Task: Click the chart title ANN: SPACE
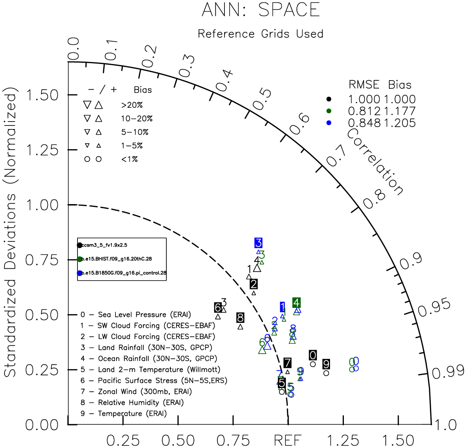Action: (260, 10)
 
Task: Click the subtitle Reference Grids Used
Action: (260, 34)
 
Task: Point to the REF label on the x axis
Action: (287, 440)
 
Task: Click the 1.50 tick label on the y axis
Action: (42, 95)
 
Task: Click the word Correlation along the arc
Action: (375, 161)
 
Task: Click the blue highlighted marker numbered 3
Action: (258, 243)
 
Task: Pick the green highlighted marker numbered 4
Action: (296, 303)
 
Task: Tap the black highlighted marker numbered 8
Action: (240, 317)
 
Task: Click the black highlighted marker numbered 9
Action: (326, 364)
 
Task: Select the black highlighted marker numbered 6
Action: (218, 307)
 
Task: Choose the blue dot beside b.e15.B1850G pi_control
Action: (80, 273)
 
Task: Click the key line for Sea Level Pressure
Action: (136, 315)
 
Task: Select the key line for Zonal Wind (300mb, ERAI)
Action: (136, 392)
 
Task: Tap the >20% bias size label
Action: (132, 105)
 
